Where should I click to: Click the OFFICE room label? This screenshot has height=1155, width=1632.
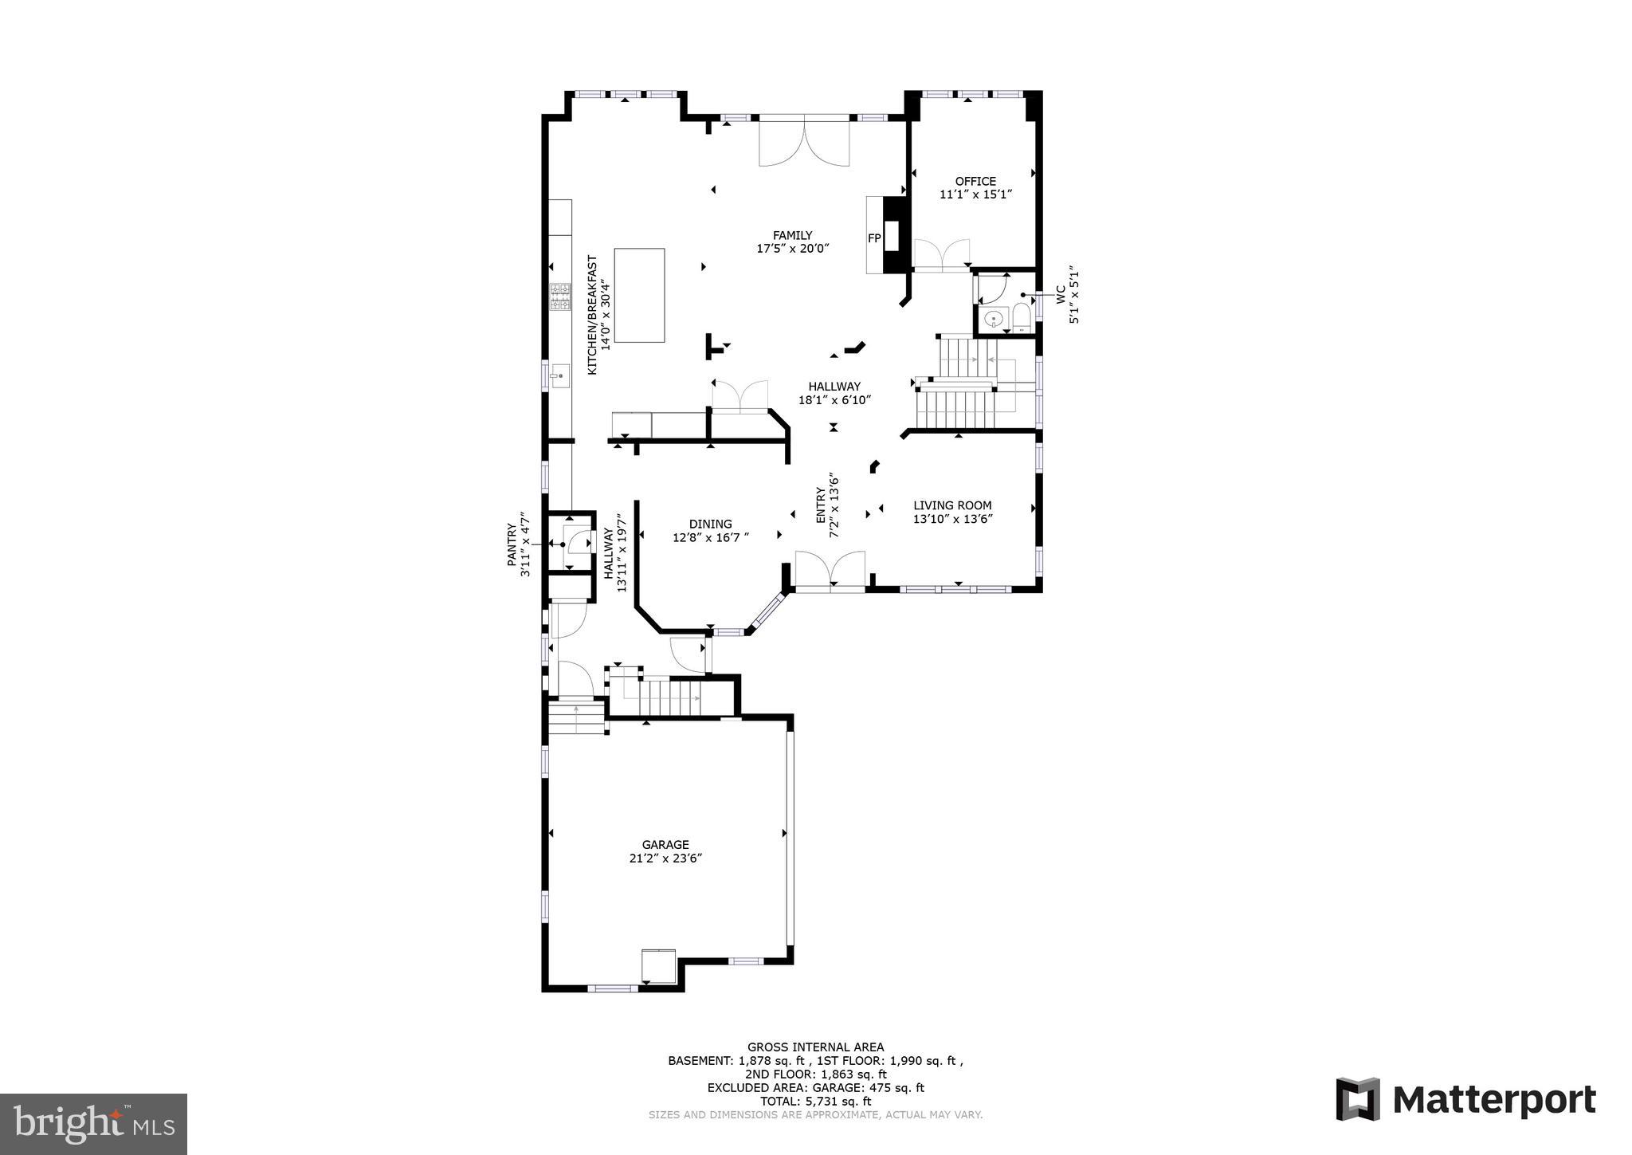[975, 181]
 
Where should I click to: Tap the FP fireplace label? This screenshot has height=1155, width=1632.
[874, 238]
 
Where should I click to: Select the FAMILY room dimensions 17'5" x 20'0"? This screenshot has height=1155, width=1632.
[793, 249]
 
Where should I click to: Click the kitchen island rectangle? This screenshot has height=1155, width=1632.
[639, 295]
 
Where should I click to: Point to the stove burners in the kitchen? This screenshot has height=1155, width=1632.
[560, 297]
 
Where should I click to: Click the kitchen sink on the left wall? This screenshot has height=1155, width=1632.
[559, 375]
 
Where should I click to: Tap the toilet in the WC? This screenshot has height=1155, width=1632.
[1022, 318]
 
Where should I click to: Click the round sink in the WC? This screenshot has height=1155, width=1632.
[993, 320]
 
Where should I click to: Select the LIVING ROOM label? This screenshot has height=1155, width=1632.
[952, 505]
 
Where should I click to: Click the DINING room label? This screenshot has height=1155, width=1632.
[710, 524]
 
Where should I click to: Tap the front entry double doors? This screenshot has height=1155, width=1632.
[830, 572]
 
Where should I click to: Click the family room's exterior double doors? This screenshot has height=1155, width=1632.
[804, 142]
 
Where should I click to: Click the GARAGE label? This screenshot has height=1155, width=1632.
[665, 845]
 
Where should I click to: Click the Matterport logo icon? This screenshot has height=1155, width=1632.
[1357, 1099]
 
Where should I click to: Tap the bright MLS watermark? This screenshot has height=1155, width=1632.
[93, 1124]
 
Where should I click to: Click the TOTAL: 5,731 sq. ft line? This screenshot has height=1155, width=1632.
[815, 1101]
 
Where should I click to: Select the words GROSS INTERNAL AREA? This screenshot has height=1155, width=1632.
[815, 1047]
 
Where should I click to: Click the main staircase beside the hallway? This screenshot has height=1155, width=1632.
[956, 407]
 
